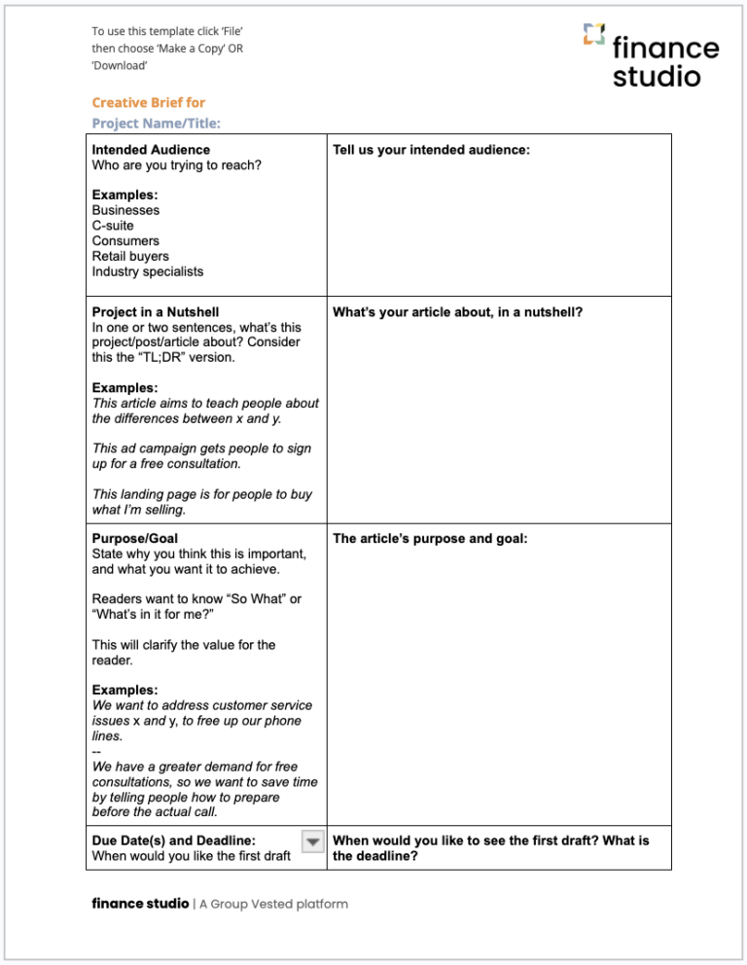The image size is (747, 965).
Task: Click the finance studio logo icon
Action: [594, 36]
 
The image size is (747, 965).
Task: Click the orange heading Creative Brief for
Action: [148, 102]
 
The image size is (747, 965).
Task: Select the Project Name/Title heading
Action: [156, 123]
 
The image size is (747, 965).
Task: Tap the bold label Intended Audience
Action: [151, 150]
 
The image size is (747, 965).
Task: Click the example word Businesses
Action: [125, 210]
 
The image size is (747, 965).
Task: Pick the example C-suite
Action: [113, 226]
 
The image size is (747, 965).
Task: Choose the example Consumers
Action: [125, 241]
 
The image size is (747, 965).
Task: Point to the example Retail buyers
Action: [130, 257]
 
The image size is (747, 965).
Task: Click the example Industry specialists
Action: [148, 272]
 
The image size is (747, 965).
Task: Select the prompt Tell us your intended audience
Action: [431, 150]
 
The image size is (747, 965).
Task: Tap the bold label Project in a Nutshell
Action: [162, 312]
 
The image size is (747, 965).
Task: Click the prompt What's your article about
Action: [457, 312]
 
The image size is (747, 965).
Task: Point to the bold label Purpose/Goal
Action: [134, 538]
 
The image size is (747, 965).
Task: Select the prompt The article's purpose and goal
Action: [430, 538]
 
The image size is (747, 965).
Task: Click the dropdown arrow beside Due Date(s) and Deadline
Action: [312, 842]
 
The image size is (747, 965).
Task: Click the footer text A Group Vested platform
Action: [273, 904]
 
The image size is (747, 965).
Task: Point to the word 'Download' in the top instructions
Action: [120, 65]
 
